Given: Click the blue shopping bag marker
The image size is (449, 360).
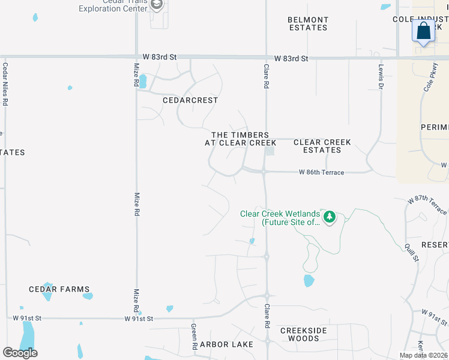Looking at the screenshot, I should (x=424, y=31).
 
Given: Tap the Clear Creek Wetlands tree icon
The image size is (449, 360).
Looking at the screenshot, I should (x=329, y=217).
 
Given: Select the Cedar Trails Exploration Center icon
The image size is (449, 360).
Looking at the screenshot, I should (x=157, y=5).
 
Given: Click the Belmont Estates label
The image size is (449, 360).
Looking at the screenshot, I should (x=308, y=24).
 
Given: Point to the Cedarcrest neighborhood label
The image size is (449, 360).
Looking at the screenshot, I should (x=190, y=100).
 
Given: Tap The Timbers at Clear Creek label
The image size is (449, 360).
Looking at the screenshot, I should (x=240, y=139).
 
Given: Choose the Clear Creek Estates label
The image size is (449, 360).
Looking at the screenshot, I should (x=322, y=146).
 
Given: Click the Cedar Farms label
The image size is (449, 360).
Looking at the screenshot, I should (x=59, y=289).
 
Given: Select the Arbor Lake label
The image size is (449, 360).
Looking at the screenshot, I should (x=226, y=344).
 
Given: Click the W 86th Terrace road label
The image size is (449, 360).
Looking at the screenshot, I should (x=322, y=173).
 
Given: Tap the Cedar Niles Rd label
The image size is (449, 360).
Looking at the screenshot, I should (x=5, y=84).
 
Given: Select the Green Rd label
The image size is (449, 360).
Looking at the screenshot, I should (x=194, y=337).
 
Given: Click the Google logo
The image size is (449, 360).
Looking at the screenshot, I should (x=20, y=353).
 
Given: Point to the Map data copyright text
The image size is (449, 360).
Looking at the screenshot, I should (x=423, y=355).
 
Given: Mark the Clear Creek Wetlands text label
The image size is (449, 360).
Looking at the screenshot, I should (x=280, y=218).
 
